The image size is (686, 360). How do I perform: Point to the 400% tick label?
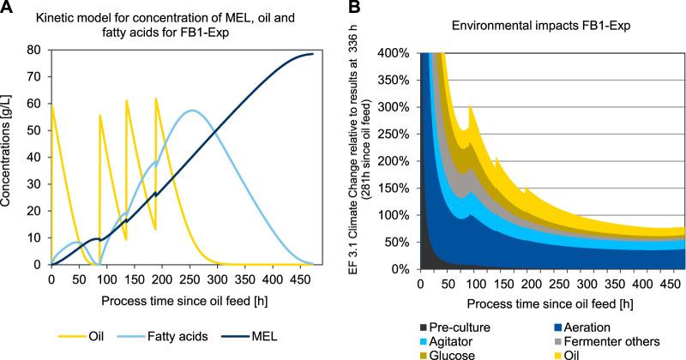392,53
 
